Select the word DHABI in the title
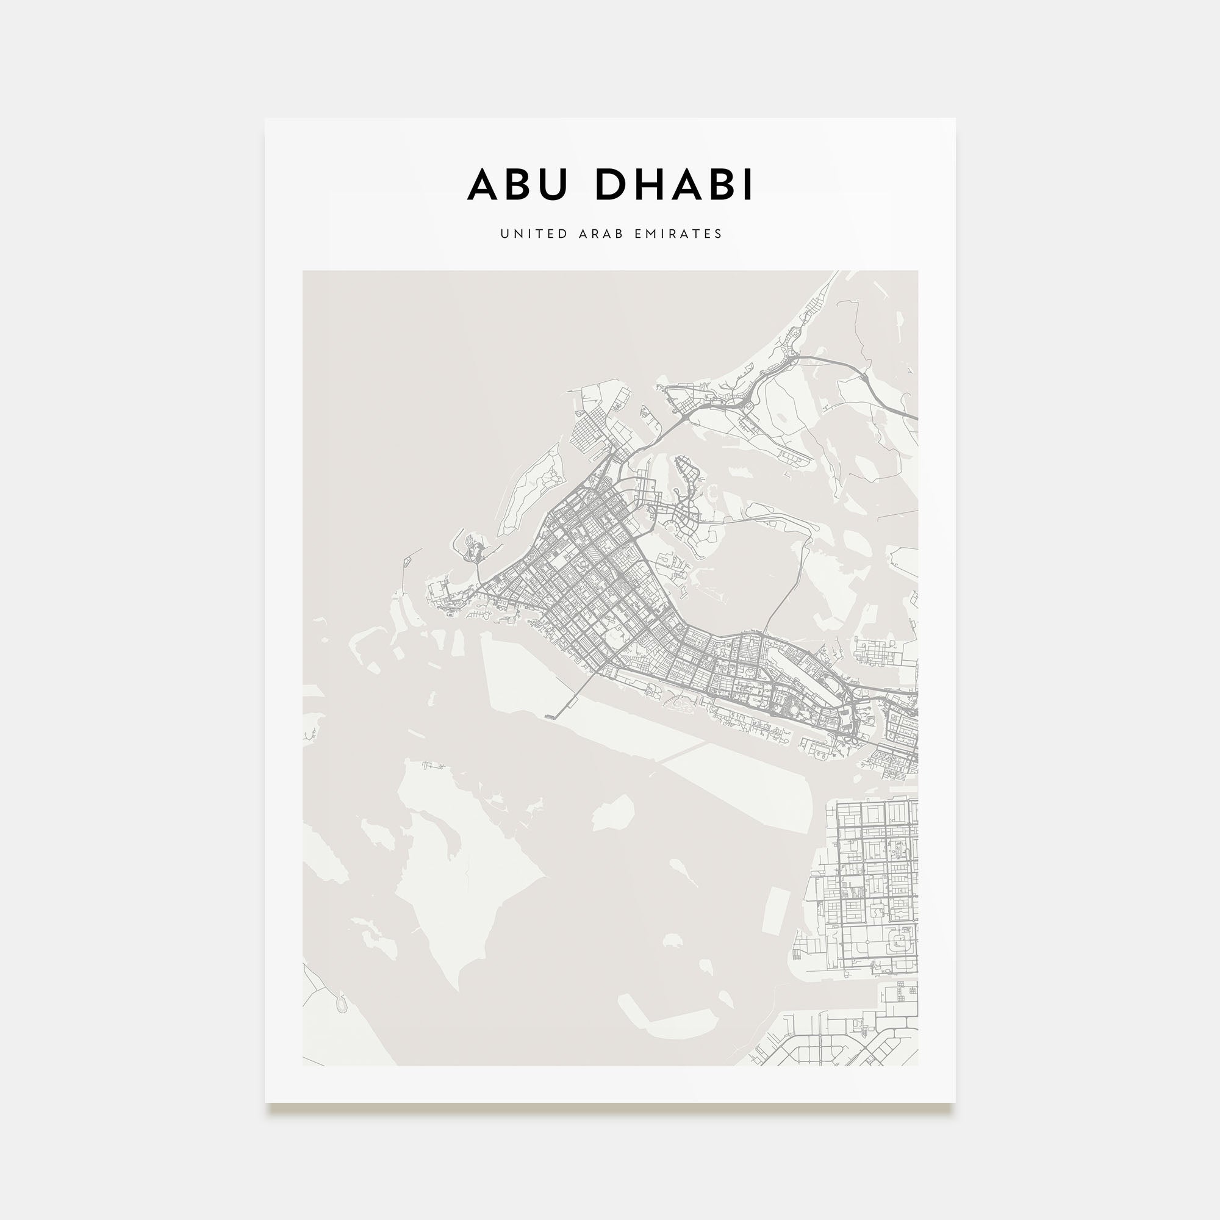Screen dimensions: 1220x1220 click(x=674, y=184)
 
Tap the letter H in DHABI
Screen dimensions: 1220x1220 click(x=648, y=184)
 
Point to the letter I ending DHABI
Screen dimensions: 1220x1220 click(x=748, y=184)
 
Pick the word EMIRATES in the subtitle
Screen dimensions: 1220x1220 click(x=678, y=234)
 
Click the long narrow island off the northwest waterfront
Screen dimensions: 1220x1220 click(x=529, y=489)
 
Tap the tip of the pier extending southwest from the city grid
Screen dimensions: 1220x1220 click(x=548, y=716)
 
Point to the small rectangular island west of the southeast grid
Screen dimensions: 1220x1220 click(x=776, y=911)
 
